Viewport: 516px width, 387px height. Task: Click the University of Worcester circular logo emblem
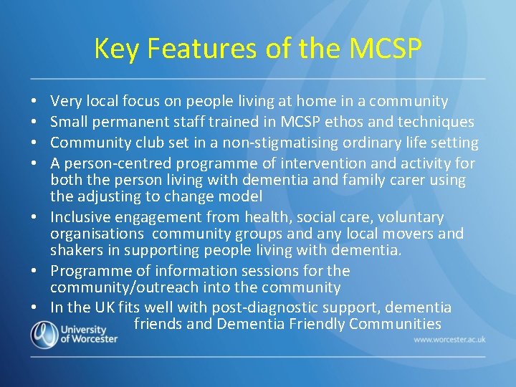click(44, 333)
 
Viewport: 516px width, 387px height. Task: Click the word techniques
click(435, 123)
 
